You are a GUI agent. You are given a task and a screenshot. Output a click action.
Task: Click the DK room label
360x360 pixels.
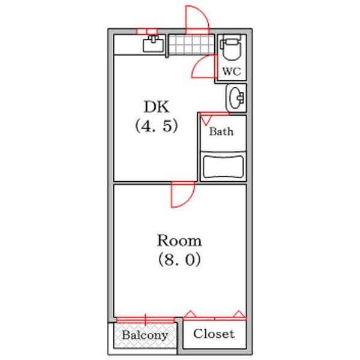[x=157, y=107]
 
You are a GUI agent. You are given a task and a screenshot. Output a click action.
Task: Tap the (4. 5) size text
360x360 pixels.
[x=157, y=127]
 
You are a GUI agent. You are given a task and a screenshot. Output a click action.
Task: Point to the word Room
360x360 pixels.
[x=179, y=241]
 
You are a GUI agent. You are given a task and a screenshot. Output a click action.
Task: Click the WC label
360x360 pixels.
[x=232, y=72]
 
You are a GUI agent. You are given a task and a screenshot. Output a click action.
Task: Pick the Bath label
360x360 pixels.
[x=221, y=132]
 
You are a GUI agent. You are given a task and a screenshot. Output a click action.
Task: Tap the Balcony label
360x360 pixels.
[x=145, y=335]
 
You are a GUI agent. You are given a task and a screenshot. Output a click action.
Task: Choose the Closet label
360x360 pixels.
[x=214, y=334]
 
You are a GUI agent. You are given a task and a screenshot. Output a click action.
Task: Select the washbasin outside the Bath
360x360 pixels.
[x=236, y=98]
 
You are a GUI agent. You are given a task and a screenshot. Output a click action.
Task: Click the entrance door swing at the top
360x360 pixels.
[x=196, y=19]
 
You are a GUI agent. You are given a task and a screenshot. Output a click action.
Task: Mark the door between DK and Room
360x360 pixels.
[x=182, y=195]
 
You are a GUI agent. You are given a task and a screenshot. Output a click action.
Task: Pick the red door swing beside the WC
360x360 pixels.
[x=205, y=68]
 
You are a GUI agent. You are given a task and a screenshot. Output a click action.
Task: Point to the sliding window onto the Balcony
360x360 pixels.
[x=145, y=319]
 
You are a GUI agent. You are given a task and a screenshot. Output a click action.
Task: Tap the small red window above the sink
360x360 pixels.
[x=146, y=31]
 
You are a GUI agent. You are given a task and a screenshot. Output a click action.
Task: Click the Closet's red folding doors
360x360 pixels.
[x=214, y=316]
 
